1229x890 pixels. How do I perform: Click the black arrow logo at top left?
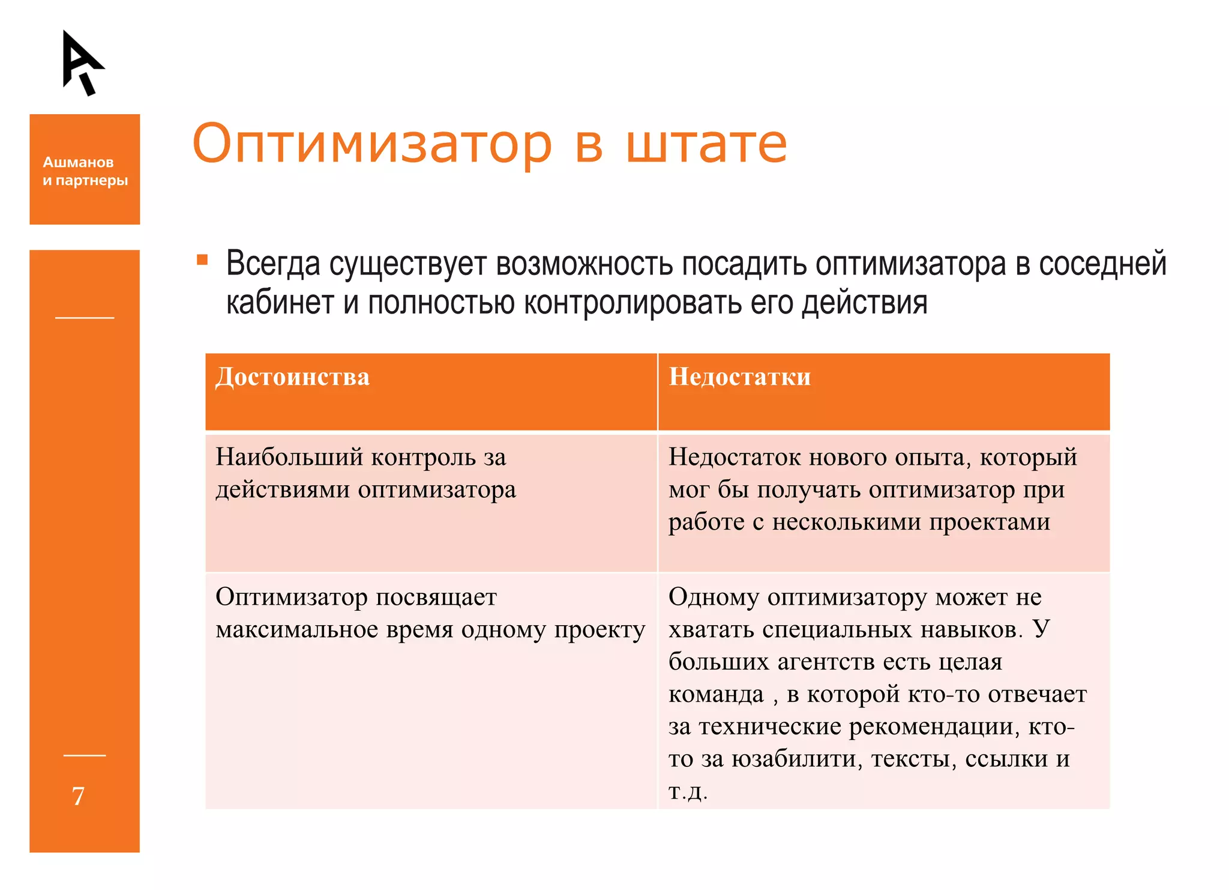click(81, 62)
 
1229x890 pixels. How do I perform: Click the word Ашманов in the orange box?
click(78, 162)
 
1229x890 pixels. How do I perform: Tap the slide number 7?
click(78, 796)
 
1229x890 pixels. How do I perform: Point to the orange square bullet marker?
click(202, 260)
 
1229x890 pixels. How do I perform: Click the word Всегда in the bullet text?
click(273, 264)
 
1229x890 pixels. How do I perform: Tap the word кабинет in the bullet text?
click(280, 303)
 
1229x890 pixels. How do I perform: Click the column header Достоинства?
click(292, 377)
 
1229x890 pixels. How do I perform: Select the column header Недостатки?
click(739, 377)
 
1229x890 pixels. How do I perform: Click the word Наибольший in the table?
click(289, 458)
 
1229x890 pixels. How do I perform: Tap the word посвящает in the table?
click(436, 598)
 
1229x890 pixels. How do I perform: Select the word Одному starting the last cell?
click(714, 598)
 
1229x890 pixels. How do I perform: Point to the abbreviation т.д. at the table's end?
click(688, 792)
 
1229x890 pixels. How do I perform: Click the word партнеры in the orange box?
click(91, 181)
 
